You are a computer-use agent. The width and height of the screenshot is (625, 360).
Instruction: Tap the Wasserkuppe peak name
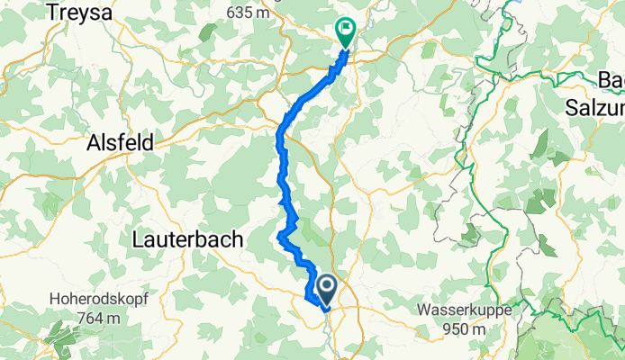(463, 310)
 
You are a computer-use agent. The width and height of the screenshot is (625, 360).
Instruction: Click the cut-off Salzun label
(595, 105)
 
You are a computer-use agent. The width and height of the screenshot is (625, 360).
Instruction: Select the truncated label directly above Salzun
(611, 81)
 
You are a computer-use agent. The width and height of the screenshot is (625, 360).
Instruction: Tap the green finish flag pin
(345, 31)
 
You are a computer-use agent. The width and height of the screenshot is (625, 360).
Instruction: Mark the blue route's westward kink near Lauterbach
(280, 238)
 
